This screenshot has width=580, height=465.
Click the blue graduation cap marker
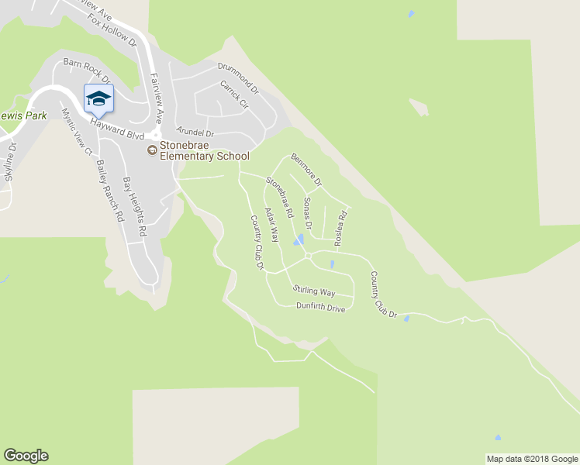(98, 98)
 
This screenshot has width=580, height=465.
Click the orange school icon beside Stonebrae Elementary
(152, 150)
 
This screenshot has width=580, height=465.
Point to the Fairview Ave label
(157, 99)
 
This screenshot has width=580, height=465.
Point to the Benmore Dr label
(306, 169)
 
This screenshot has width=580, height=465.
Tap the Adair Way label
(271, 225)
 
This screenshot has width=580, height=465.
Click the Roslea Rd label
(340, 229)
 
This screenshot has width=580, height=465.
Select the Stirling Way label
(314, 291)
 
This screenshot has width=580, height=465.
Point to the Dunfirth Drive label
(320, 308)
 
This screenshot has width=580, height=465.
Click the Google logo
(26, 456)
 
